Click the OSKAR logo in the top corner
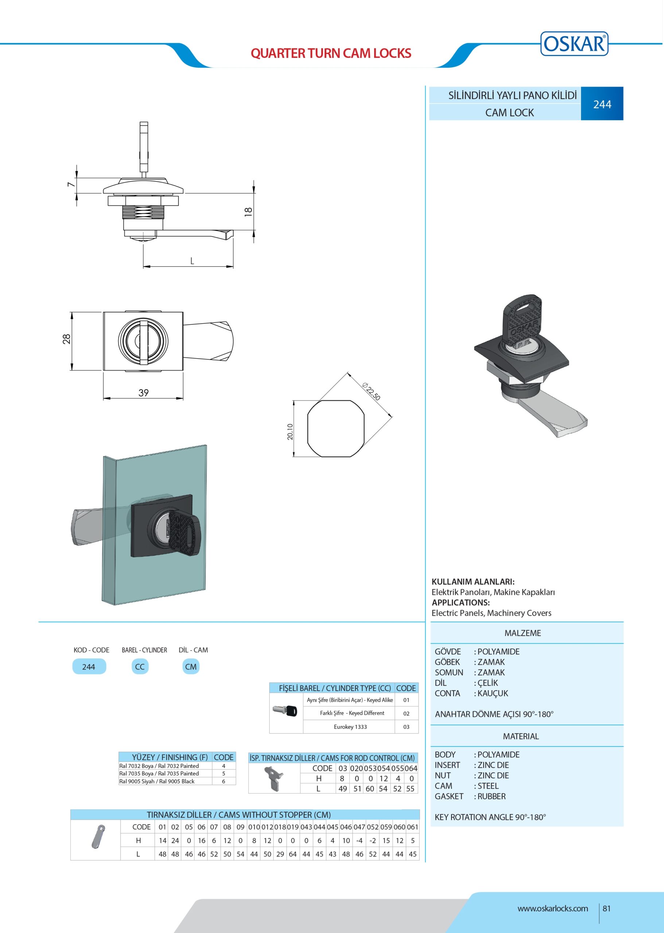574,43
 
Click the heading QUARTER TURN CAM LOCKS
331,53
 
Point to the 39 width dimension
144,393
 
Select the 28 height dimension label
67,339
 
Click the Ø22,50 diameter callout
371,391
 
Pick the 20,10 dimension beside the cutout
290,432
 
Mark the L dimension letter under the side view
192,261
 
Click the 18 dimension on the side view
248,211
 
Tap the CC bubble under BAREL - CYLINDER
140,667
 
